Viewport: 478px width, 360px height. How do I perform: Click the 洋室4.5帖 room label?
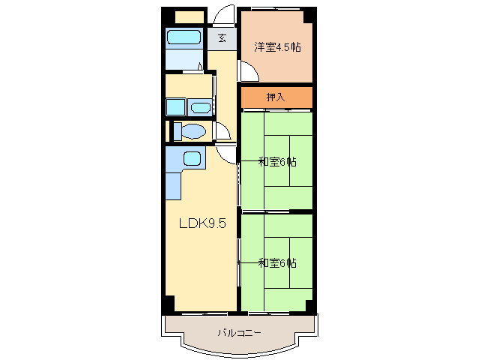277,47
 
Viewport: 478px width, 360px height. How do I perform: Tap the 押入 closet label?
276,97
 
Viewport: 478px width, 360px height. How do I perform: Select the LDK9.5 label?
202,223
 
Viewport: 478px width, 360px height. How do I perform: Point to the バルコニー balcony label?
239,332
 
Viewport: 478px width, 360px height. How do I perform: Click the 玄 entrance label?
222,38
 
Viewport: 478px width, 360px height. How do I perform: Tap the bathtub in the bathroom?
184,37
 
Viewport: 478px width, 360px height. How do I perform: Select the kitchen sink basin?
192,159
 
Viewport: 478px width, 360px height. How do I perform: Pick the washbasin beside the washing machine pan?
201,108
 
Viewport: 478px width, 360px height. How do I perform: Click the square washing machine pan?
175,107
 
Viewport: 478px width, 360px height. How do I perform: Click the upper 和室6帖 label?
277,162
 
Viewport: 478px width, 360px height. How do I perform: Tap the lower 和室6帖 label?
277,263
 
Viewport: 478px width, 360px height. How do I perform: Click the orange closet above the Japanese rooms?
276,97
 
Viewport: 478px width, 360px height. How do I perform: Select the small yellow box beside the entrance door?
190,17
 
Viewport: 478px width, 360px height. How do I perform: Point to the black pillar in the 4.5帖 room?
308,17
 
